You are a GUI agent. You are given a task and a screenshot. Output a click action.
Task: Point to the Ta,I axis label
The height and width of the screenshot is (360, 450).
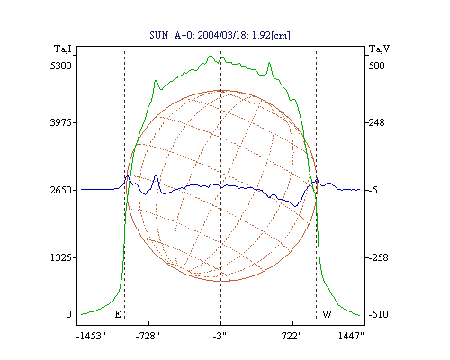pos(63,49)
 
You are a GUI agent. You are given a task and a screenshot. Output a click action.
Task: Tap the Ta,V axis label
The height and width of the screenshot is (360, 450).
pos(379,49)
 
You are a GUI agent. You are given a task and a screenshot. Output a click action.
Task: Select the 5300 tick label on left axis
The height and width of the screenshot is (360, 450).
pos(61,66)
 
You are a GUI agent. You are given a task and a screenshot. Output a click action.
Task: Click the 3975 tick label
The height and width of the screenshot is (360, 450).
pos(61,122)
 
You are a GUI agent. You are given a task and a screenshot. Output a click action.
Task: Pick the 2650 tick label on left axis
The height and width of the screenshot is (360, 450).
pos(61,190)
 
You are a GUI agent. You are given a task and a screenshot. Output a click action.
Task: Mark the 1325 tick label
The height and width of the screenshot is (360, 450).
pos(61,257)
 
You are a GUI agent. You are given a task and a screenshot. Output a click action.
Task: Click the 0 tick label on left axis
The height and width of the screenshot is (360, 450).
pos(69,314)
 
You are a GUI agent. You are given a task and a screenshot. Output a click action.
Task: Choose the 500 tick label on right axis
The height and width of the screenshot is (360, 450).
pos(376,66)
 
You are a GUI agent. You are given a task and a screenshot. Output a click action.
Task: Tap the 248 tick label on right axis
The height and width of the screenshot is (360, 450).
pos(376,122)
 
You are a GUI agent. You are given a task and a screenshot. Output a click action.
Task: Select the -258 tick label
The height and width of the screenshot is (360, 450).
pos(378,257)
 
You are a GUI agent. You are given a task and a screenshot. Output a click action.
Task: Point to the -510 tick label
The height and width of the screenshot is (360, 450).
pos(378,314)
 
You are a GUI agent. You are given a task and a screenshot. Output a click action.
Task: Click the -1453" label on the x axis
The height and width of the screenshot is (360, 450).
pos(92,336)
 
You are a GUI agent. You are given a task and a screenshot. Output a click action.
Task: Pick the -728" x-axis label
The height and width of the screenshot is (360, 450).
pos(148,336)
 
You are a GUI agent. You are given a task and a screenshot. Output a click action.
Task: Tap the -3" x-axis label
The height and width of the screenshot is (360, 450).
pos(220,336)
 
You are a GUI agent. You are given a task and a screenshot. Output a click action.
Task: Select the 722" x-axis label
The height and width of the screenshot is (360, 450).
pos(292,336)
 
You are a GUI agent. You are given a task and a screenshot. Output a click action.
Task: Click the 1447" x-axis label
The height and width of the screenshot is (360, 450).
pos(351,336)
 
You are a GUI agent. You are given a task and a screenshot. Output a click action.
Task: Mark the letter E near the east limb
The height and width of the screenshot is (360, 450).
pos(118,314)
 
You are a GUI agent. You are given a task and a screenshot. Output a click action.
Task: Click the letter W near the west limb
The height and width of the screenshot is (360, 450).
pos(327,314)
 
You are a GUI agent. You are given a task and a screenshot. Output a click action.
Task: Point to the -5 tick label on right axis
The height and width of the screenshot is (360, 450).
pos(373,190)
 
